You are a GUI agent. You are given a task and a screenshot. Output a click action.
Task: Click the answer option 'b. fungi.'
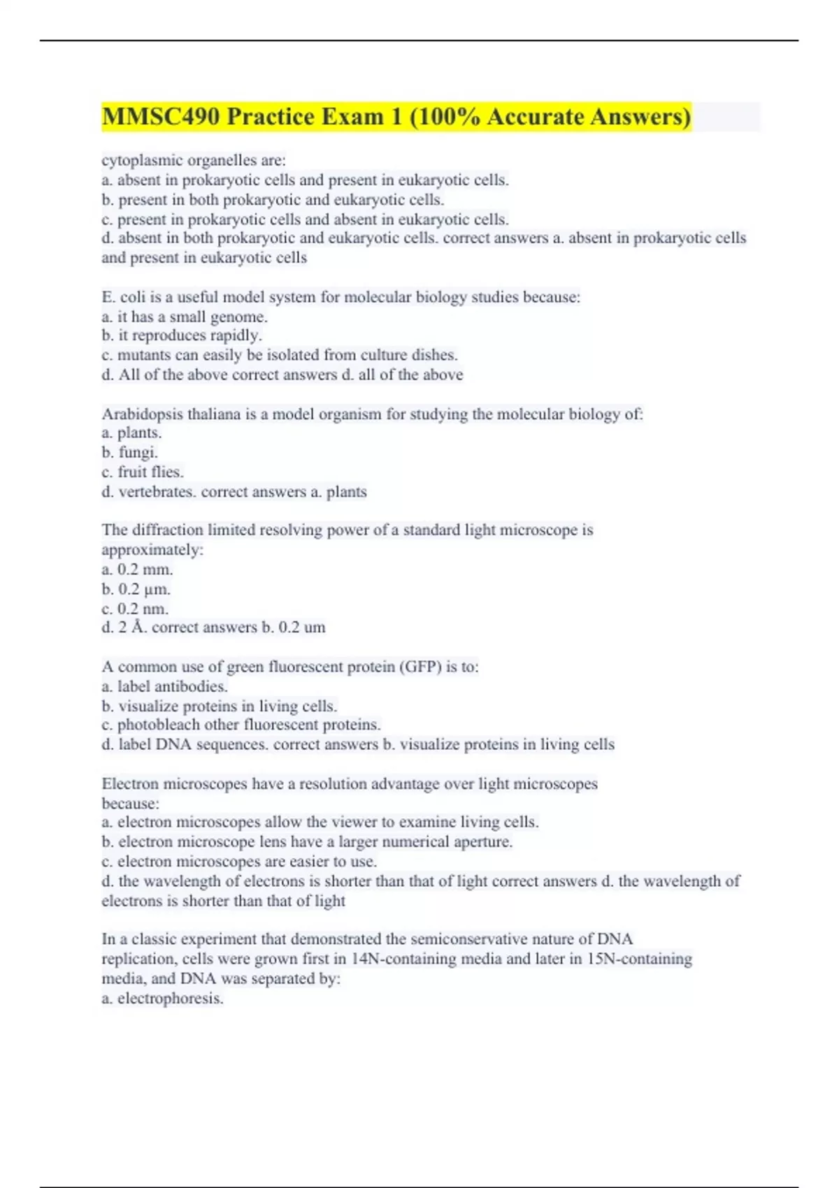pyautogui.click(x=130, y=453)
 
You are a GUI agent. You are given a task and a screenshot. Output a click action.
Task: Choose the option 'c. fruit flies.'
pyautogui.click(x=143, y=472)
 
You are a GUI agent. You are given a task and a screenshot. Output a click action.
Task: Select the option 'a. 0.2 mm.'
pyautogui.click(x=137, y=570)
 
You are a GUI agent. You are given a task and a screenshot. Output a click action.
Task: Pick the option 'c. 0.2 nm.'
pyautogui.click(x=135, y=609)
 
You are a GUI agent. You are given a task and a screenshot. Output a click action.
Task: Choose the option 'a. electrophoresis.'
pyautogui.click(x=162, y=999)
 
